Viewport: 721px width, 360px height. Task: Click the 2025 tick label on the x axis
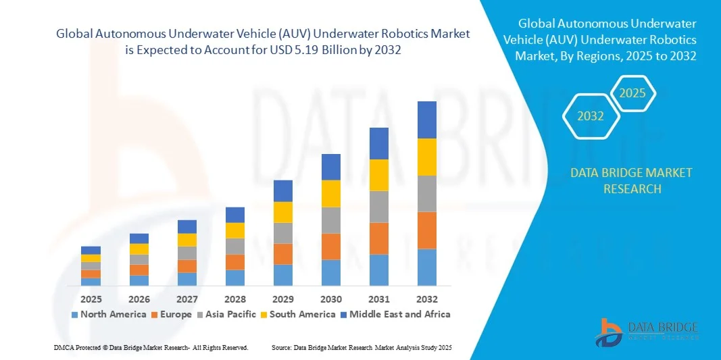click(x=91, y=299)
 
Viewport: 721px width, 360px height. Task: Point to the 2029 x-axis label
click(x=282, y=299)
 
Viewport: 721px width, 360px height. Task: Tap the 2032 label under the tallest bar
click(x=426, y=299)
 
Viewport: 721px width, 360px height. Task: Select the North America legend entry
click(x=108, y=314)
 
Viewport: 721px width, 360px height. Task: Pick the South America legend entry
click(x=299, y=314)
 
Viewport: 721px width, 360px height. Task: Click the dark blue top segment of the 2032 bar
click(x=426, y=120)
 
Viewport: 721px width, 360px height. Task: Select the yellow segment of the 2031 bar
click(x=378, y=175)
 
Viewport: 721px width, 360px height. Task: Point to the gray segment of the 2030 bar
click(x=330, y=220)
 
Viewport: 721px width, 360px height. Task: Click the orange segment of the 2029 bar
click(x=282, y=254)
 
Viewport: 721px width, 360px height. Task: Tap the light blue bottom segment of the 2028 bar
click(x=234, y=278)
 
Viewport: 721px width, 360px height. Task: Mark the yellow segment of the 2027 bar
click(x=187, y=240)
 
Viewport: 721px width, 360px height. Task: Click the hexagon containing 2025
click(x=632, y=93)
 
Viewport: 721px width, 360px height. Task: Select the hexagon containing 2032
click(x=591, y=116)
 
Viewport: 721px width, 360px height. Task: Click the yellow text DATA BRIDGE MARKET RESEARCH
click(x=631, y=180)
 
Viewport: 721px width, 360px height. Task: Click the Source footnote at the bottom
click(x=361, y=347)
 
